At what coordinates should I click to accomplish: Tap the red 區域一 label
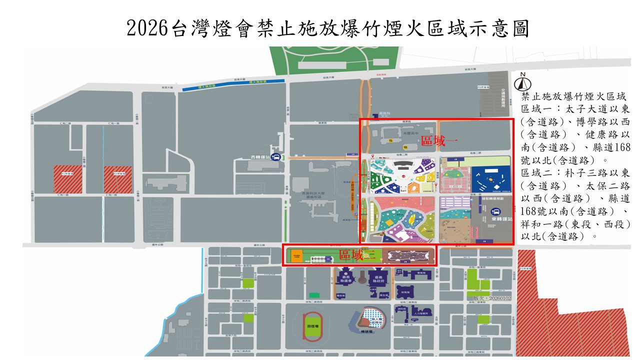439,140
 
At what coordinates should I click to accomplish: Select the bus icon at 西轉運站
276,157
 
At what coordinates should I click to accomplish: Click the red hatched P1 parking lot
68,179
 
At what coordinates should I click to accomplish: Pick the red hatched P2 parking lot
118,179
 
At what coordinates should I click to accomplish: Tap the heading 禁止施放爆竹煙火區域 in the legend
573,96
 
